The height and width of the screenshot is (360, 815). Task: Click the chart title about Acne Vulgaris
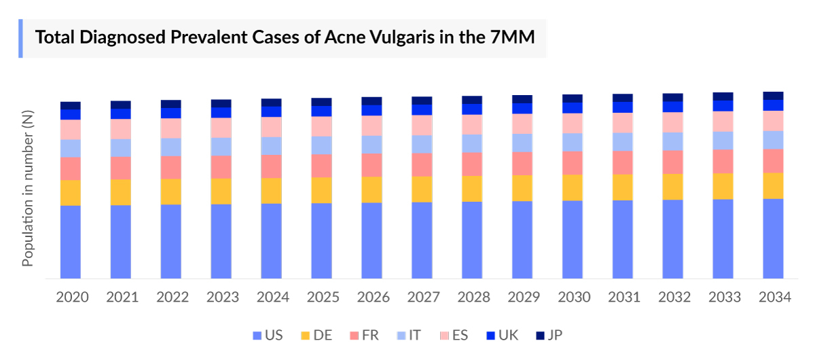point(285,37)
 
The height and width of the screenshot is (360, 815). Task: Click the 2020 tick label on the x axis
point(71,298)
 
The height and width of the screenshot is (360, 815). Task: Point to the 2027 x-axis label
point(422,298)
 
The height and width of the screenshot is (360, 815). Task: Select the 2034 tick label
point(773,298)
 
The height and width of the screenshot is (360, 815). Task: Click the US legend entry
point(268,335)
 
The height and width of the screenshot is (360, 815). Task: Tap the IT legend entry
point(409,335)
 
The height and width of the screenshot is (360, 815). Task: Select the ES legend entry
point(454,335)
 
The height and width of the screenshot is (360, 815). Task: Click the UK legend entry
point(502,335)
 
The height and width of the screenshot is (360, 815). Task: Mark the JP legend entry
point(549,335)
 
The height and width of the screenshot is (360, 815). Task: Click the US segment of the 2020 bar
point(71,242)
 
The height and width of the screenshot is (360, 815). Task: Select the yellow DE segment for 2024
point(272,191)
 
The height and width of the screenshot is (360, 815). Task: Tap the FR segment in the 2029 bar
point(522,163)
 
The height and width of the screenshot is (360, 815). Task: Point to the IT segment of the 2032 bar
point(673,141)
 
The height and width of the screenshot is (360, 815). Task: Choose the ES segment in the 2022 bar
point(171,128)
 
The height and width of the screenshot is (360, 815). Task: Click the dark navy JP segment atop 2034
point(773,96)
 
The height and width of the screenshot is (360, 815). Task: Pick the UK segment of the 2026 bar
point(372,110)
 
